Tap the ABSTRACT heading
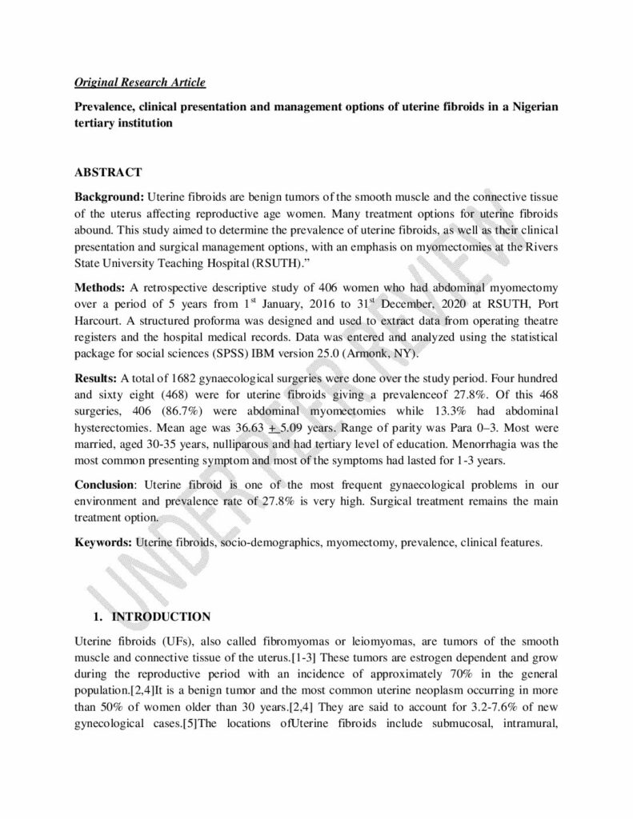point(108,172)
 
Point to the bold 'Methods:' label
point(102,286)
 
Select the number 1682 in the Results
point(183,376)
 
